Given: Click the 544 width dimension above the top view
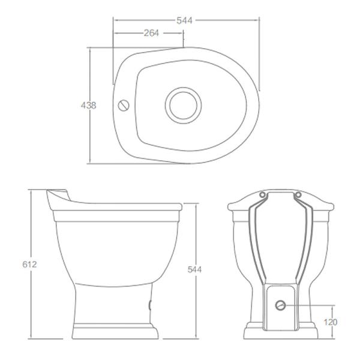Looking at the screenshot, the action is tap(184, 20).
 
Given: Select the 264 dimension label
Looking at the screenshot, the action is tap(151, 33).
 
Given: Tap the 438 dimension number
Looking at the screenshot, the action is tap(88, 106).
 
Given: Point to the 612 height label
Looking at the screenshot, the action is tap(29, 265).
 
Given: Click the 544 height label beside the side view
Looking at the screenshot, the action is tap(194, 269).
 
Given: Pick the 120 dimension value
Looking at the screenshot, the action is tap(331, 322).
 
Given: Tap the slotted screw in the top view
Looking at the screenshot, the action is tap(124, 106).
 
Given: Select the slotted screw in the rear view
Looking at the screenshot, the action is tap(280, 305).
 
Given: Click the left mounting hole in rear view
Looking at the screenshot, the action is tap(262, 195).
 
